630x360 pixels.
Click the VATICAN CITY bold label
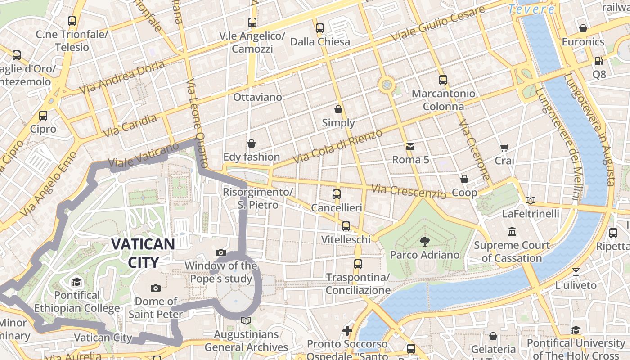(143, 253)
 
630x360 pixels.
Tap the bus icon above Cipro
(43, 116)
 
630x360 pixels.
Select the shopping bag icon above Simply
(338, 109)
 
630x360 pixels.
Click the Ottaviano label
(257, 97)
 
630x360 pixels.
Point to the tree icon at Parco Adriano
(424, 242)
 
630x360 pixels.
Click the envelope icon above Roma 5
(410, 146)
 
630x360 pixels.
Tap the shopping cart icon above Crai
(504, 148)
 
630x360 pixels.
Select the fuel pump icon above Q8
(598, 61)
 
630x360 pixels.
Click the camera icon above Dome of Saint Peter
(156, 288)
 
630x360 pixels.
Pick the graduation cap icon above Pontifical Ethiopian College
(76, 282)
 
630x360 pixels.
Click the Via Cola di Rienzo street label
(337, 146)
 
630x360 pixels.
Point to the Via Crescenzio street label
(409, 192)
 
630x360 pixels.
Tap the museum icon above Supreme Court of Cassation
(512, 232)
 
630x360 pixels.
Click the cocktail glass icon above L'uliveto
(576, 271)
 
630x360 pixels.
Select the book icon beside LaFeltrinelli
(531, 200)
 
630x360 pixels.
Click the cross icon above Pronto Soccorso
(347, 331)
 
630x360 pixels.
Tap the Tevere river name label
(531, 9)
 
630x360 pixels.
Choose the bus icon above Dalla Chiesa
(320, 28)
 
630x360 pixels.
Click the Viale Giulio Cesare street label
(438, 23)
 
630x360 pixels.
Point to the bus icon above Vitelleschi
(346, 226)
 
